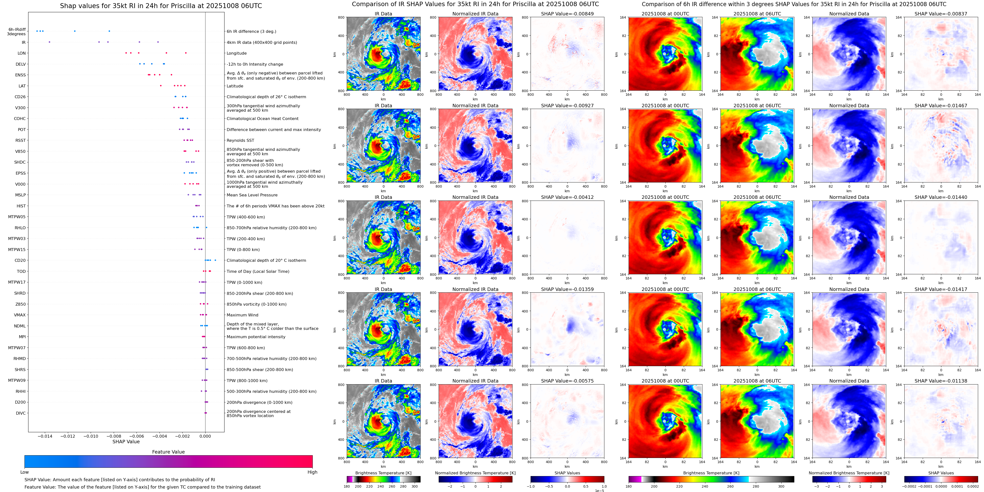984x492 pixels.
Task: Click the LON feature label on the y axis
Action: pos(22,53)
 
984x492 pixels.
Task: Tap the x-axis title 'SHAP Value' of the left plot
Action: pos(126,442)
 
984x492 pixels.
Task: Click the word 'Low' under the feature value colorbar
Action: pos(25,472)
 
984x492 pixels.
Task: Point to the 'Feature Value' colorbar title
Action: pos(168,452)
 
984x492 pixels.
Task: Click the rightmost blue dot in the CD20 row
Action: pos(215,260)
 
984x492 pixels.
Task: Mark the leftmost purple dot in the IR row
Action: pos(49,42)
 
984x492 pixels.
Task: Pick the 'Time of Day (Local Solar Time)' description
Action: pos(258,271)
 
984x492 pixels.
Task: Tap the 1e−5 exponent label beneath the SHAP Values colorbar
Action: pos(599,491)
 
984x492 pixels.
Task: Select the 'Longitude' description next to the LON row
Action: pos(237,53)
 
